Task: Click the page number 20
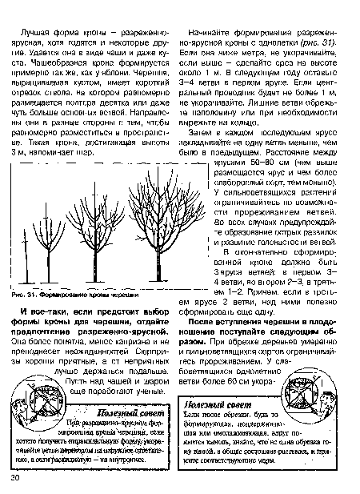click(15, 478)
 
